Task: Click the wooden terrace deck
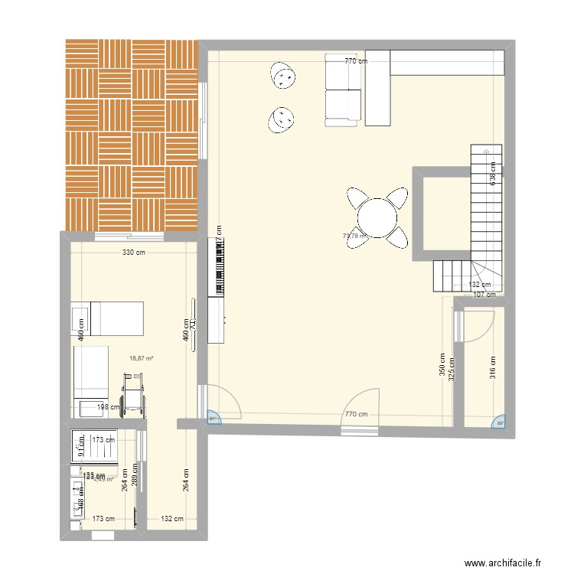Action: [132, 134]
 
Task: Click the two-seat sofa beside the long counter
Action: [342, 89]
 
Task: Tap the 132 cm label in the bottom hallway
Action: [172, 519]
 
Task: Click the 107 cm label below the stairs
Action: [484, 294]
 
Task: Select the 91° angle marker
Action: [212, 418]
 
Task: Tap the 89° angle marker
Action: [501, 422]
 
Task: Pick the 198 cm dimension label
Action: [109, 406]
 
